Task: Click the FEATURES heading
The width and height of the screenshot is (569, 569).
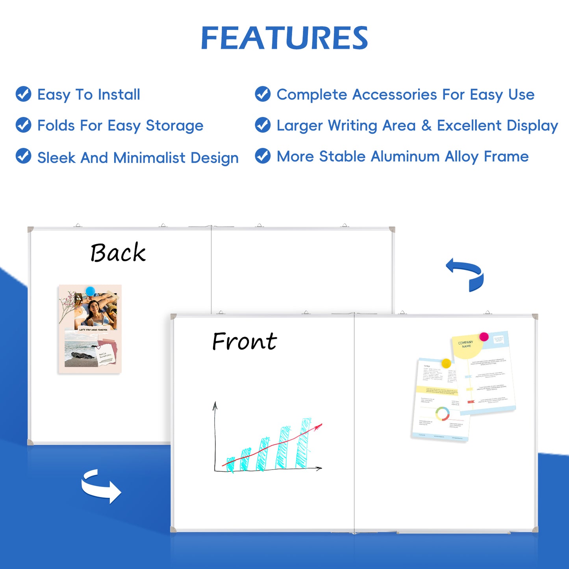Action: (284, 38)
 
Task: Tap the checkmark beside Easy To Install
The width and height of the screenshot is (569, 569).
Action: (24, 94)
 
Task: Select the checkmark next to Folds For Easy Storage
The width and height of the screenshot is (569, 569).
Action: (24, 125)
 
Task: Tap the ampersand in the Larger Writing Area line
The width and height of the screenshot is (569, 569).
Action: (426, 126)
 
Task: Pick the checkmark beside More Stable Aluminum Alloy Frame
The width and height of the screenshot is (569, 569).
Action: (263, 156)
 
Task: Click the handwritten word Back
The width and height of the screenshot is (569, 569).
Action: (118, 252)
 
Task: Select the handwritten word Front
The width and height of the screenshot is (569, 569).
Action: (244, 341)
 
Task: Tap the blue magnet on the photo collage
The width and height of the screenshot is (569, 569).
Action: (91, 291)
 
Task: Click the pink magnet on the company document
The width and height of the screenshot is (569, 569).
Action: (484, 337)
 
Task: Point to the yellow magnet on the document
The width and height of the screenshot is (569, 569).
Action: (446, 363)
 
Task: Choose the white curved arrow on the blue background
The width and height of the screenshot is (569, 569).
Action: (101, 486)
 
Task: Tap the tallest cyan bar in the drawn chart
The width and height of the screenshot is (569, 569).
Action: (303, 443)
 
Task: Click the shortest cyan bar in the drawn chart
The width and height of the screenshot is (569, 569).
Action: (231, 464)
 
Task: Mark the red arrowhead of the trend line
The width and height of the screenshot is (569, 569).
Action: (319, 426)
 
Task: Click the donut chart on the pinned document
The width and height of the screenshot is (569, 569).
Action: (442, 414)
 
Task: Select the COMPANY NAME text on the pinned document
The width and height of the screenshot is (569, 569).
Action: (466, 344)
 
